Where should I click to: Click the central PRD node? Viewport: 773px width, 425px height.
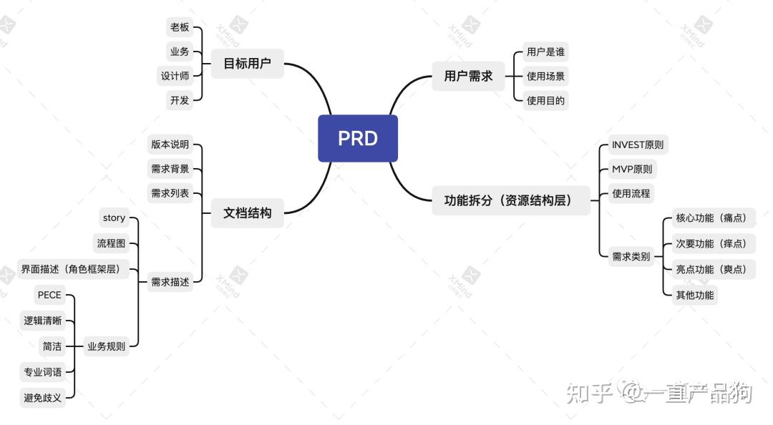(357, 138)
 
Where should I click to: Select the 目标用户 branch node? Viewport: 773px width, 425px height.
(247, 64)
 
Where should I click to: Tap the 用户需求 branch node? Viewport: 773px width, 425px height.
(468, 76)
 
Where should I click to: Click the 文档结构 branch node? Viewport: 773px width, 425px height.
(247, 212)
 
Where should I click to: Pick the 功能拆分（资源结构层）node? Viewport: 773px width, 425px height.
(511, 200)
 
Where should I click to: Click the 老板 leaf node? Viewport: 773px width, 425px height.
(180, 27)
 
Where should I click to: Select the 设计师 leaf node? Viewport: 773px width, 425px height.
(175, 76)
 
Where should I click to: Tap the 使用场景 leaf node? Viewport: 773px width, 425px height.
(545, 76)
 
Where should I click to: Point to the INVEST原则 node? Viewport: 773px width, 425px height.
(637, 145)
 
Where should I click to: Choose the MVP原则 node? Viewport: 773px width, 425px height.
(631, 169)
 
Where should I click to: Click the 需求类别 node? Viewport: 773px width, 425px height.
(631, 256)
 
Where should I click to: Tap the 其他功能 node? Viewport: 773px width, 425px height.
(694, 294)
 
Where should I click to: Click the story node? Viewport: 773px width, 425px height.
(114, 218)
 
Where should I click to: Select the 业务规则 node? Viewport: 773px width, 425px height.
(106, 346)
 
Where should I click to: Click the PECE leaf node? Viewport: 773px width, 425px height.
(49, 295)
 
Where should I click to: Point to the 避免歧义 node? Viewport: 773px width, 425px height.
(43, 398)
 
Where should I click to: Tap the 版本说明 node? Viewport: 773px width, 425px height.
(170, 145)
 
